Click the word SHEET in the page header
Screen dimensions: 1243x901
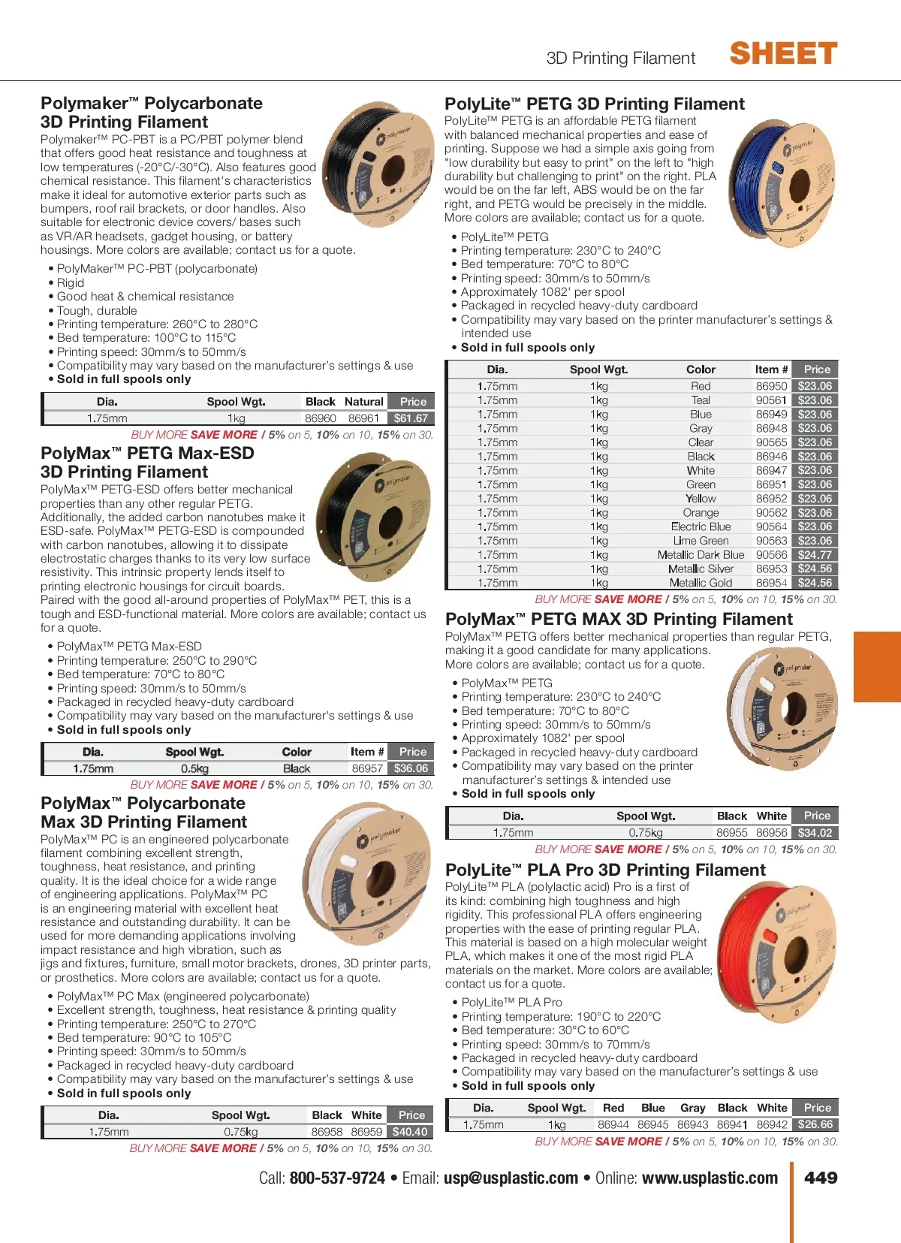pyautogui.click(x=783, y=54)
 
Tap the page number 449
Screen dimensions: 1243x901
pyautogui.click(x=821, y=1178)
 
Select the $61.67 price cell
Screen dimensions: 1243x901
pyautogui.click(x=411, y=418)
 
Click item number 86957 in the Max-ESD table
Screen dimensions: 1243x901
pyautogui.click(x=367, y=768)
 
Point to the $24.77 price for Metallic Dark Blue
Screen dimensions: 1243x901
pyautogui.click(x=815, y=555)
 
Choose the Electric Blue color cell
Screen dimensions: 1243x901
pyautogui.click(x=701, y=526)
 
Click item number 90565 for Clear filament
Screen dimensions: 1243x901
pyautogui.click(x=771, y=442)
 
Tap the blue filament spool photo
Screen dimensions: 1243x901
pyautogui.click(x=782, y=183)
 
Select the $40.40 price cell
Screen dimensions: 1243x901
pyautogui.click(x=410, y=1132)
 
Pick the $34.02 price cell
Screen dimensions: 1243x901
pyautogui.click(x=815, y=833)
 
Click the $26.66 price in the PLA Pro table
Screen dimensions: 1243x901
pyautogui.click(x=815, y=1124)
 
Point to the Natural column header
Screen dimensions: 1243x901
pyautogui.click(x=364, y=402)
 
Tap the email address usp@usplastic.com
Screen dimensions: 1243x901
pyautogui.click(x=511, y=1178)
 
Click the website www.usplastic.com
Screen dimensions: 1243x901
pyautogui.click(x=710, y=1178)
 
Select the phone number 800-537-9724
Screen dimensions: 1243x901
pyautogui.click(x=337, y=1178)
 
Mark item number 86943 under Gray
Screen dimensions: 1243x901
pyautogui.click(x=692, y=1124)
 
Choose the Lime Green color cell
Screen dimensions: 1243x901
pyautogui.click(x=701, y=541)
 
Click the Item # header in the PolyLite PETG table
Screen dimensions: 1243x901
pyautogui.click(x=771, y=370)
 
